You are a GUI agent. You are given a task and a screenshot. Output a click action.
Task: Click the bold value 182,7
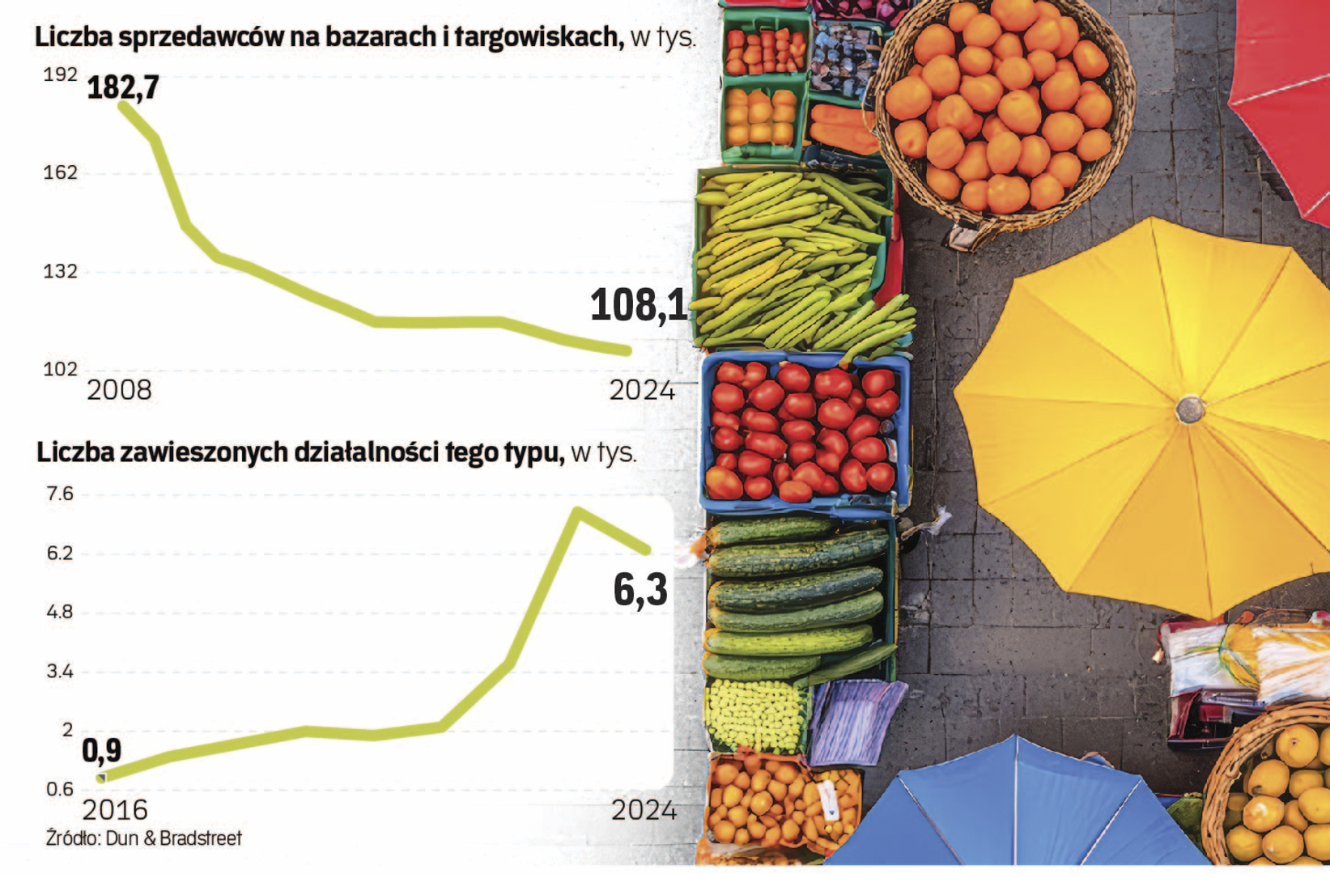[x=123, y=87]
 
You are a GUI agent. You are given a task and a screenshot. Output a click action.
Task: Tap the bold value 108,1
[x=639, y=306]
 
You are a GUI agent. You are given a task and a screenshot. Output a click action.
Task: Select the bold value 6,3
[x=640, y=590]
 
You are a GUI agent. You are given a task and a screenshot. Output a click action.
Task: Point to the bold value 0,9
[x=102, y=751]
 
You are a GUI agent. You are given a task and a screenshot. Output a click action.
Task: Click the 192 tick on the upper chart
[x=60, y=75]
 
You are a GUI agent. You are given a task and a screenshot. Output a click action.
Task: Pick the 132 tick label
[x=60, y=272]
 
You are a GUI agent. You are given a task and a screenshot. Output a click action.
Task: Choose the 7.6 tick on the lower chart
[x=60, y=494]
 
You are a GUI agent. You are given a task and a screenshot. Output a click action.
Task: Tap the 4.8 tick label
[x=60, y=613]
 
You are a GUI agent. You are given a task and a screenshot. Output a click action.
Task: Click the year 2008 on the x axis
[x=119, y=390]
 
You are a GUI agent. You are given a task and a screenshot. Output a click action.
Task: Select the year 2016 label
[x=115, y=810]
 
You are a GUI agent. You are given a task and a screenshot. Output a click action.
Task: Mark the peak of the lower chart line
[x=577, y=511]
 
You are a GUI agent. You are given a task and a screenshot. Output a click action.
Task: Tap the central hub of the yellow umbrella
[x=1190, y=409]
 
